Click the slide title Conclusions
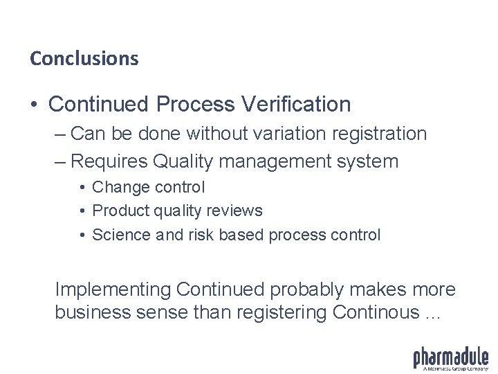(84, 58)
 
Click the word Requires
(109, 162)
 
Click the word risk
(201, 235)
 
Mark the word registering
(282, 312)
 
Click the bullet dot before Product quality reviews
(82, 211)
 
